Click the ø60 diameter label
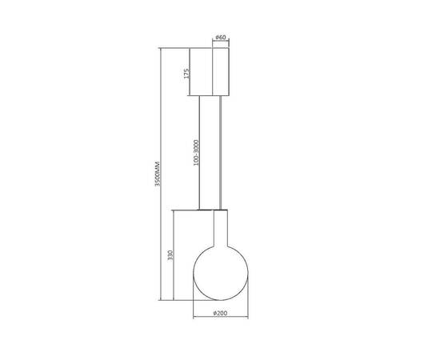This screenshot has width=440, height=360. coord(221,38)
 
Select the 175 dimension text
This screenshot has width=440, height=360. coord(187,74)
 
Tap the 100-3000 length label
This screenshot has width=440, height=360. coord(196,153)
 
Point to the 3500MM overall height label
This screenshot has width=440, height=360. coord(158,174)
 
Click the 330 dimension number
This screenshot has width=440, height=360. coord(170,255)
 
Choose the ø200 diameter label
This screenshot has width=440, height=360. coord(220,313)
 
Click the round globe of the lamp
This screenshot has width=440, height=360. coord(221,273)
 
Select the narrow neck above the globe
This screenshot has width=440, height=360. coord(221,228)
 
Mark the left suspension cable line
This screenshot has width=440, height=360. coord(199,153)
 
